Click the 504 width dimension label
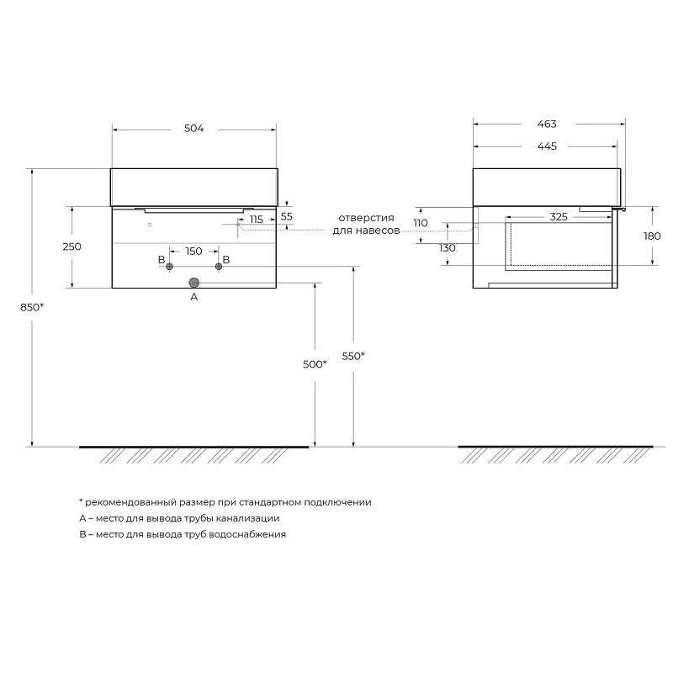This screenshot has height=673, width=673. tap(193, 129)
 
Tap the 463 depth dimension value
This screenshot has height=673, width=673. tap(547, 124)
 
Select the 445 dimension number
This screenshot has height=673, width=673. tap(547, 146)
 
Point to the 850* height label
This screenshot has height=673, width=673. tap(32, 307)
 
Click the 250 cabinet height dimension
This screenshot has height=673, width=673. tap(72, 246)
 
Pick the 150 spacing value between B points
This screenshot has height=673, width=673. tap(193, 251)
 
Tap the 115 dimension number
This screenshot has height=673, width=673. tap(257, 220)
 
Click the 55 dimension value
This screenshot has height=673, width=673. tap(286, 216)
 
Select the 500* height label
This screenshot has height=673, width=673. tap(315, 364)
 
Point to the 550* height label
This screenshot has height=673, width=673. tap(353, 356)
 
